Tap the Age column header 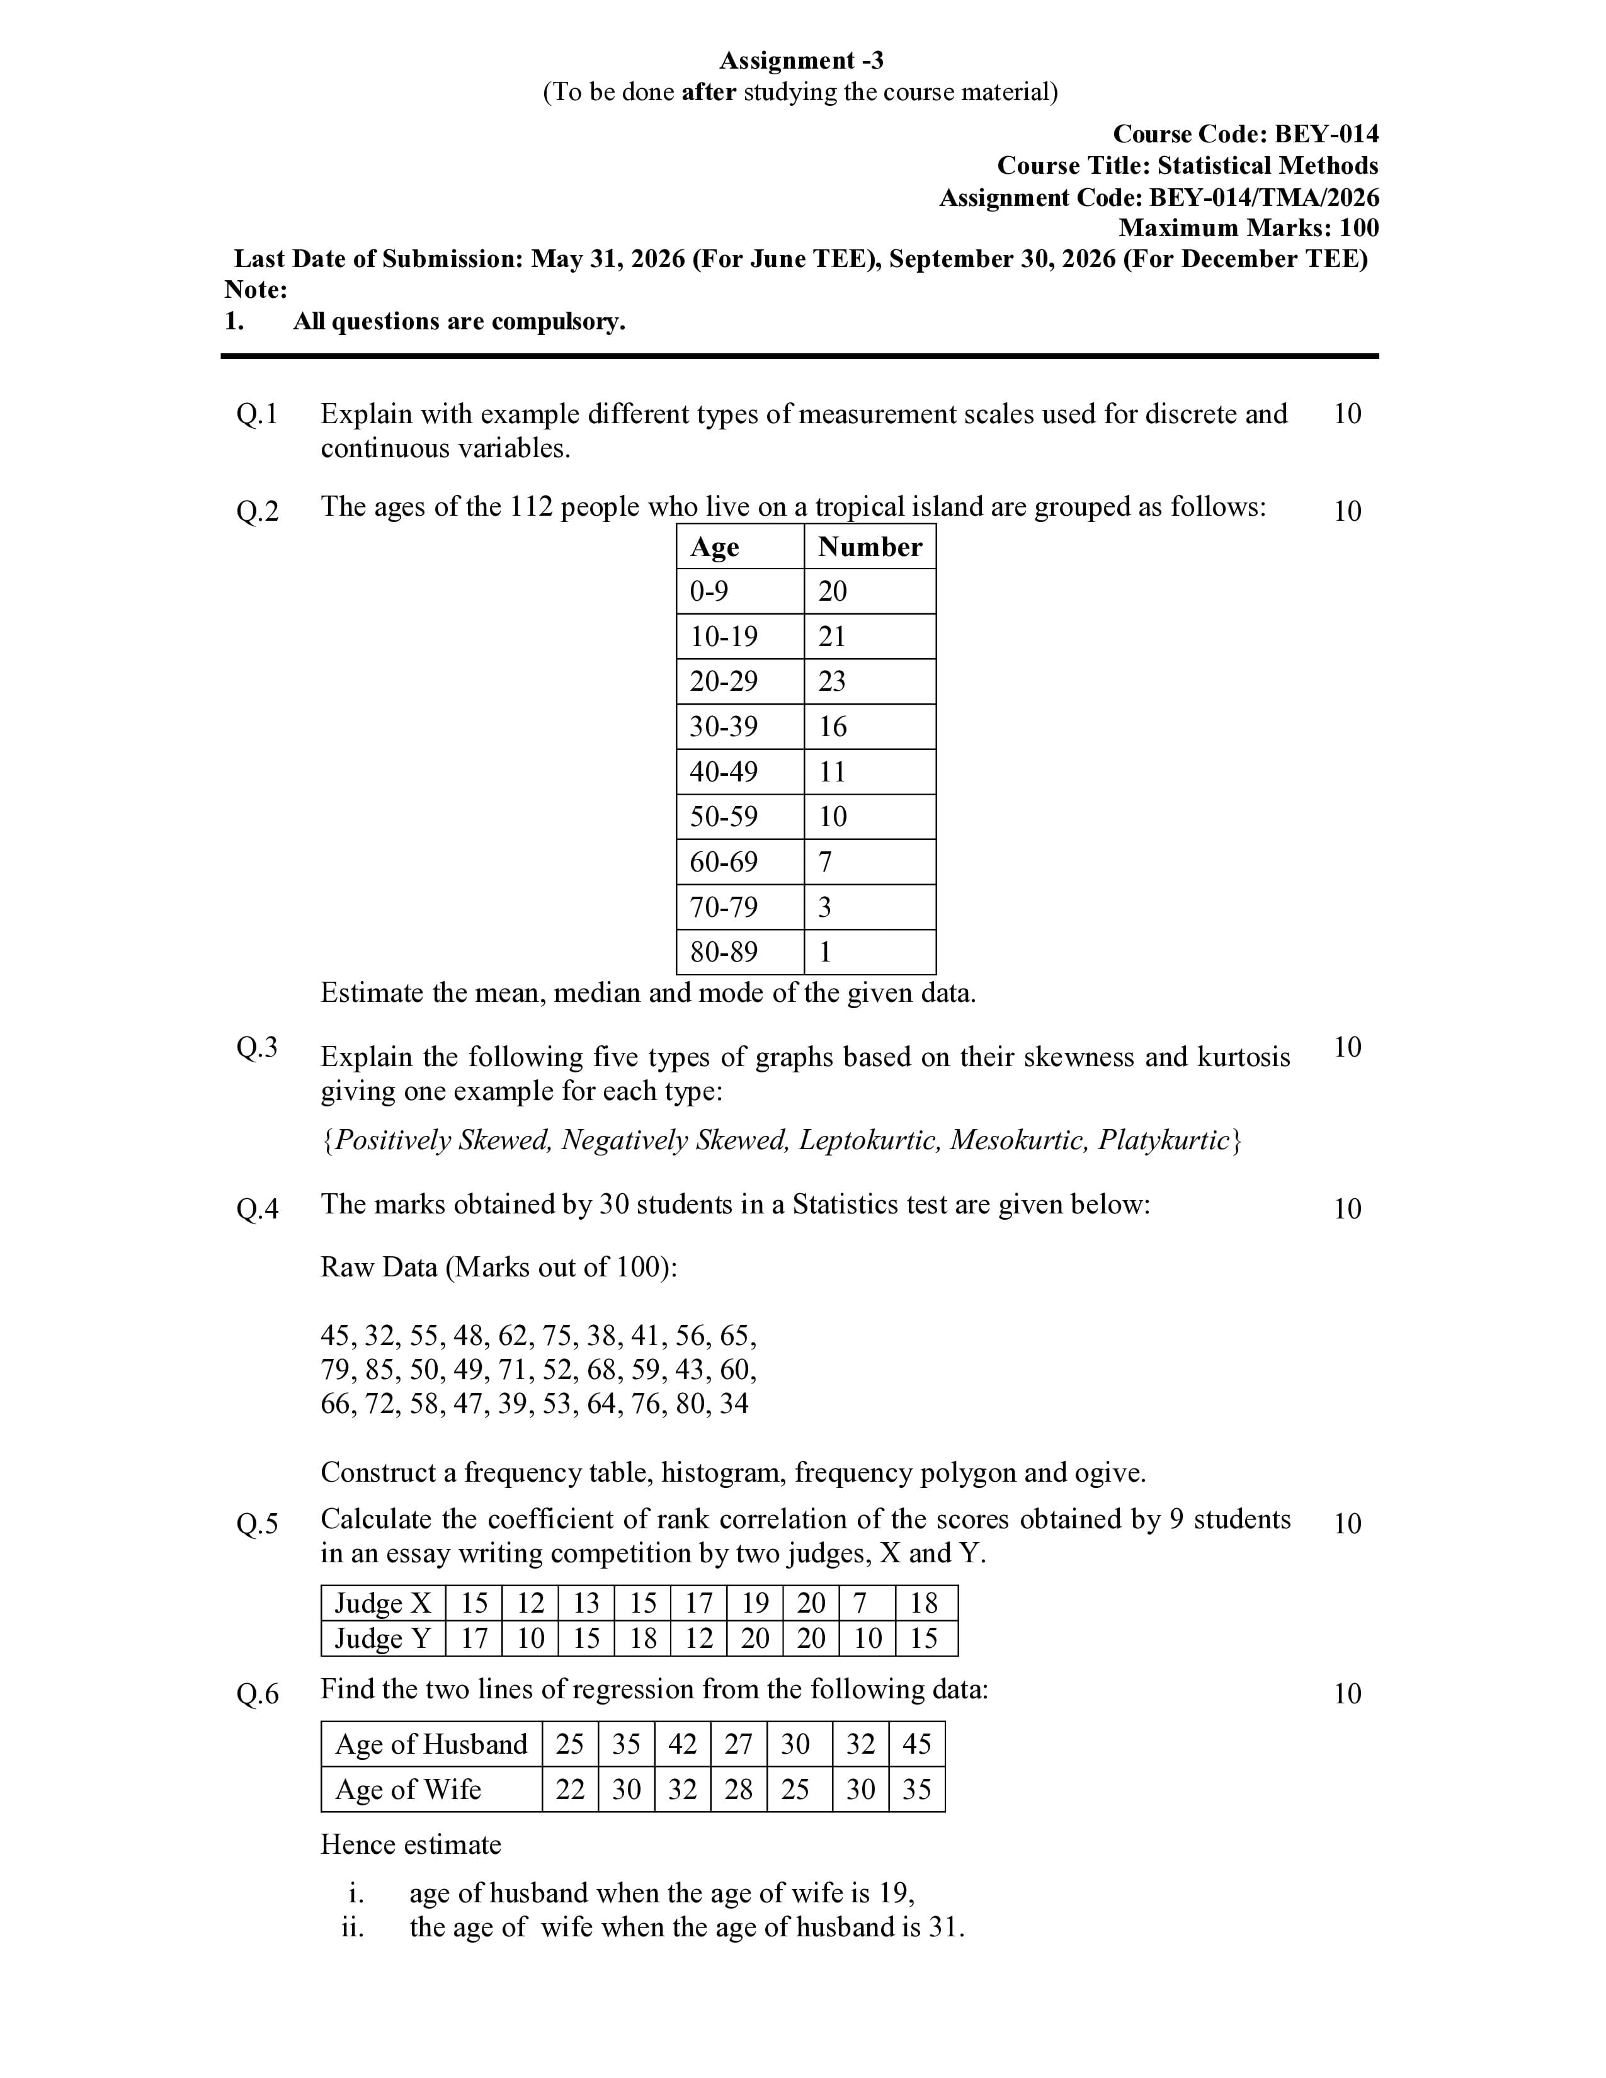coord(715,547)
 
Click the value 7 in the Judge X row coord(860,1603)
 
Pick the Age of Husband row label coord(431,1744)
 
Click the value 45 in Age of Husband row coord(916,1744)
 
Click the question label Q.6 coord(257,1694)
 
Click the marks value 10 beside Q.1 coord(1347,414)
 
